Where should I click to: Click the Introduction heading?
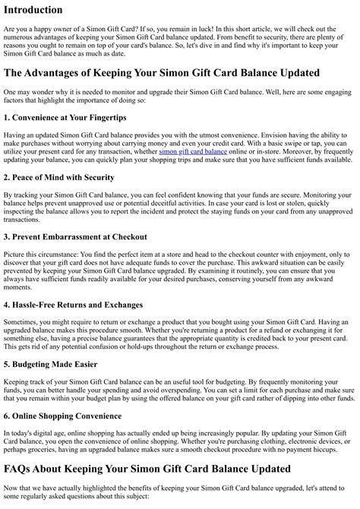click(x=33, y=10)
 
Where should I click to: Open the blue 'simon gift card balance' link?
click(x=193, y=151)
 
